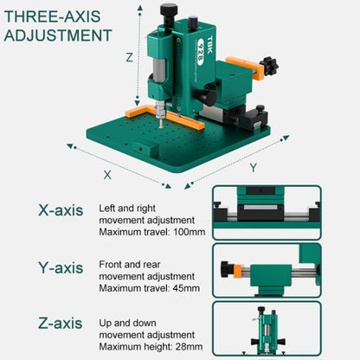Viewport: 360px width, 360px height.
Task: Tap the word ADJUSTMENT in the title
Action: (57, 35)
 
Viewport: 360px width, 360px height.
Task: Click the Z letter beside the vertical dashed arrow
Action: (129, 58)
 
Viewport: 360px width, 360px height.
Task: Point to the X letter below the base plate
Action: (107, 173)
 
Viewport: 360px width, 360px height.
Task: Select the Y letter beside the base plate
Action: (253, 167)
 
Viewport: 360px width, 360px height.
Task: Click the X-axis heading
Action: (61, 209)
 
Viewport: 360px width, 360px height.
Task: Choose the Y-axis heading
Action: (61, 267)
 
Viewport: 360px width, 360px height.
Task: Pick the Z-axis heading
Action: (61, 324)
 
